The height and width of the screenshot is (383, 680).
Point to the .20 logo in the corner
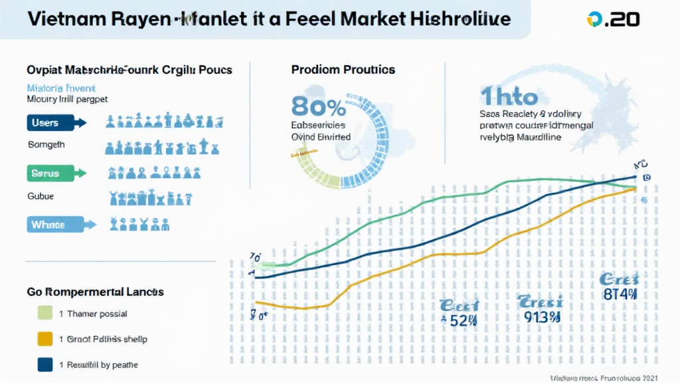614,19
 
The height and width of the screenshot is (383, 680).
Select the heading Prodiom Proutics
343,70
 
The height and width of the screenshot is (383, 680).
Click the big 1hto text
509,97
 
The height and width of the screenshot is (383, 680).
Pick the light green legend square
46,313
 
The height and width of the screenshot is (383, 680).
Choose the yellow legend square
46,339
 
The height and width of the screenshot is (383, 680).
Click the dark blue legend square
46,364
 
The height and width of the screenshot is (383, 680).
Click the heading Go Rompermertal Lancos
95,291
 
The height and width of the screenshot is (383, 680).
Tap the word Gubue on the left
41,196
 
